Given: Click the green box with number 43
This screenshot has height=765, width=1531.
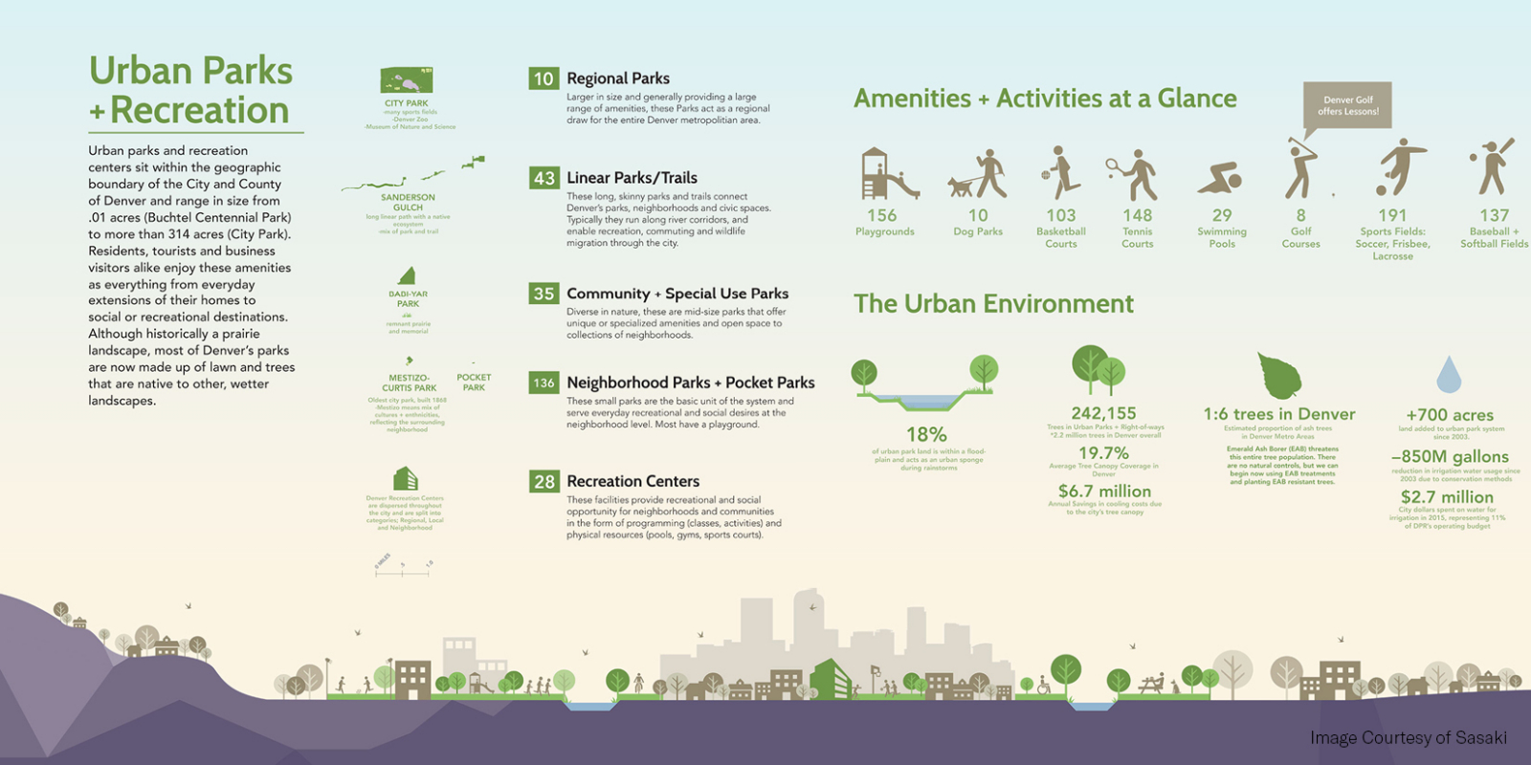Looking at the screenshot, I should pyautogui.click(x=544, y=178).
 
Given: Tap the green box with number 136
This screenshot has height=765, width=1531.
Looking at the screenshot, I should pyautogui.click(x=544, y=382).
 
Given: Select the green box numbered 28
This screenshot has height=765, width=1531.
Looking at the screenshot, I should pyautogui.click(x=544, y=482).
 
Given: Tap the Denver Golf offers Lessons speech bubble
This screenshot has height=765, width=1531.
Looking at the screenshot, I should pyautogui.click(x=1347, y=105).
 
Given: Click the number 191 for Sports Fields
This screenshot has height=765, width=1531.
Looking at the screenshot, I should pyautogui.click(x=1392, y=216).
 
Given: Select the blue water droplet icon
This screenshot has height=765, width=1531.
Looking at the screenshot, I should pyautogui.click(x=1449, y=375).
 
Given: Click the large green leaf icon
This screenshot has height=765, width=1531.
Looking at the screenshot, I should pyautogui.click(x=1279, y=375).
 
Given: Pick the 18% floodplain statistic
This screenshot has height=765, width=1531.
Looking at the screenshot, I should pyautogui.click(x=926, y=435).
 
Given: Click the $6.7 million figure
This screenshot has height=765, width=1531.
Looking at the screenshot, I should pyautogui.click(x=1104, y=492).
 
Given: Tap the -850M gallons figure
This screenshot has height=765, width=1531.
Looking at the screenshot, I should pyautogui.click(x=1450, y=457).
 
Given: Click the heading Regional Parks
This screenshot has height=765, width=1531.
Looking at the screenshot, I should pyautogui.click(x=618, y=78).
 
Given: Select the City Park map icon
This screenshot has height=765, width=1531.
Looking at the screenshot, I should pyautogui.click(x=407, y=79).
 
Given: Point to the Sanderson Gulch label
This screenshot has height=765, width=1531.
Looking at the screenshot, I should pyautogui.click(x=408, y=202).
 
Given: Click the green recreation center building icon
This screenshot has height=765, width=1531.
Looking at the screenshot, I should pyautogui.click(x=406, y=478).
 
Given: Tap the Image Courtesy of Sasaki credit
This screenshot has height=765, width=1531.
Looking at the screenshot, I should pyautogui.click(x=1408, y=737).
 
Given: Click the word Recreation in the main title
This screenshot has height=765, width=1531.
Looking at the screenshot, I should pyautogui.click(x=199, y=110).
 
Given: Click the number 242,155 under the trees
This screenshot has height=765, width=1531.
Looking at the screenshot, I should pyautogui.click(x=1103, y=413).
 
